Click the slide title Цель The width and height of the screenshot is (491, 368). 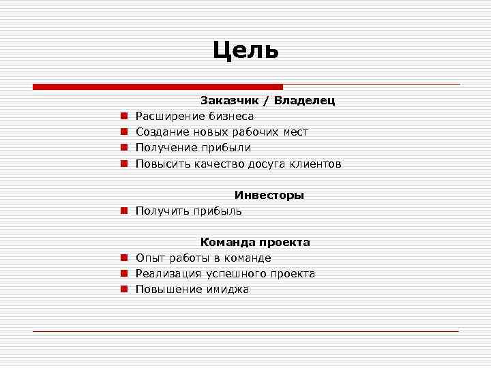click(x=245, y=50)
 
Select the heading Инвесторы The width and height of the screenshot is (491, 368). click(x=269, y=195)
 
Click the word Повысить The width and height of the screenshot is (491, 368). click(x=163, y=164)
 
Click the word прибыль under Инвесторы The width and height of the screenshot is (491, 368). click(x=218, y=211)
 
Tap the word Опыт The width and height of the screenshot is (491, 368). click(x=148, y=258)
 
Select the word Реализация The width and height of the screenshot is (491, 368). click(x=168, y=274)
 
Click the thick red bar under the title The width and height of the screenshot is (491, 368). click(x=158, y=87)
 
